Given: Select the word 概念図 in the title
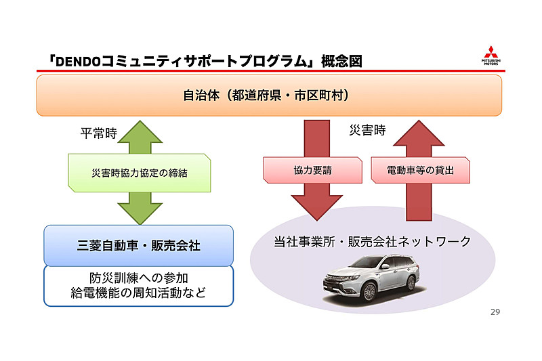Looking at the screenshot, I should [x=342, y=62].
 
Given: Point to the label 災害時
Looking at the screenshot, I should [x=367, y=130].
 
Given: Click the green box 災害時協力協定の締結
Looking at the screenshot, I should [x=139, y=173].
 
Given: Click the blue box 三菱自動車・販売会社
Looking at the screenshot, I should [x=138, y=245].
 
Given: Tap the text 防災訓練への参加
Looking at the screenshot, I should [x=138, y=278].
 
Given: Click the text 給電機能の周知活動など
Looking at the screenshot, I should [x=138, y=293].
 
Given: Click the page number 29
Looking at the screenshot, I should [x=495, y=312].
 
